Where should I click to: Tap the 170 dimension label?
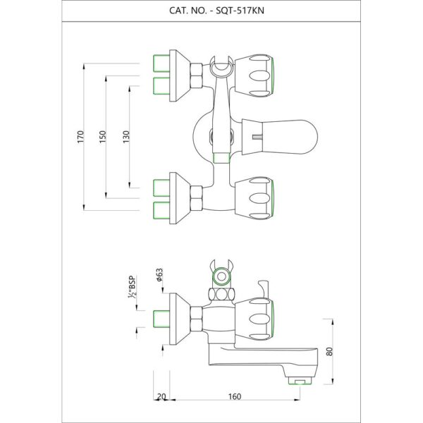pos(80,136)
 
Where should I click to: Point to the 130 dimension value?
pos(126,136)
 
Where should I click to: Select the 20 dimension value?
pos(163,397)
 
